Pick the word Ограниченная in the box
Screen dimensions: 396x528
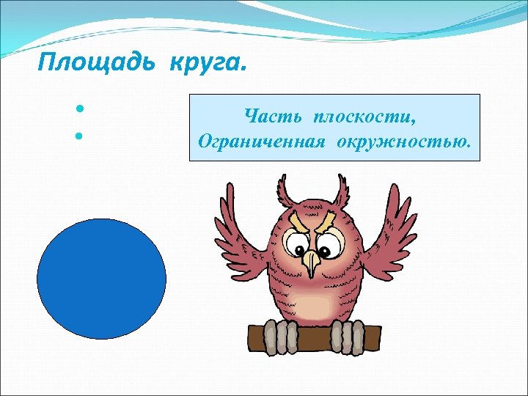click(261, 140)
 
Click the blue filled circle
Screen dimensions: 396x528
click(101, 279)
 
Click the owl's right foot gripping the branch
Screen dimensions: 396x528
click(345, 337)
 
